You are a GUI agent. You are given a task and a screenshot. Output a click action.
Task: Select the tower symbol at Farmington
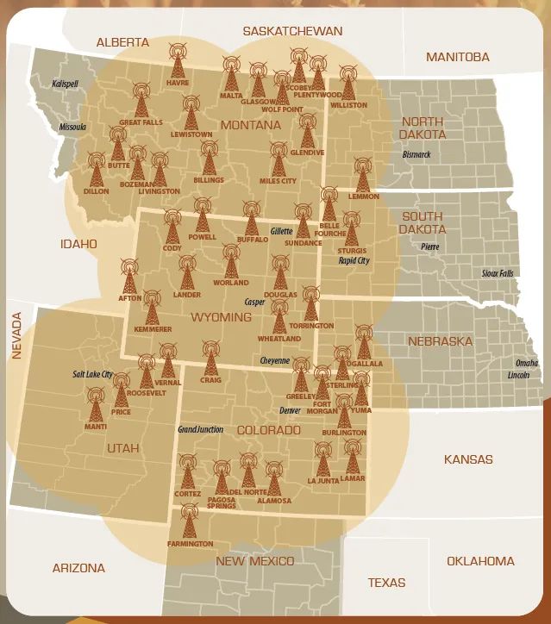click(190, 521)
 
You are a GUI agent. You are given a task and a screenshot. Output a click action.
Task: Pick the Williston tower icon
click(348, 83)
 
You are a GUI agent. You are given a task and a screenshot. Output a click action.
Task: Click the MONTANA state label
click(250, 125)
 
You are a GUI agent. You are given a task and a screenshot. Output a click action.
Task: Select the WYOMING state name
click(221, 317)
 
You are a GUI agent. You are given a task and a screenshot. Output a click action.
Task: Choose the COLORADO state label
click(268, 429)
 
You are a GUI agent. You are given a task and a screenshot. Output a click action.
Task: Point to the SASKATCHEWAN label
click(292, 31)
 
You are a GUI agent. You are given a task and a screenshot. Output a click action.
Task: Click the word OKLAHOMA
click(480, 561)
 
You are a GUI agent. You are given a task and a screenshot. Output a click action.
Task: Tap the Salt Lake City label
click(93, 375)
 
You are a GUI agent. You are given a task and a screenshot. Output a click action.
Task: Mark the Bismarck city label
click(416, 154)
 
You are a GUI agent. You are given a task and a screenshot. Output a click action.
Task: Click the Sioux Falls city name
click(497, 273)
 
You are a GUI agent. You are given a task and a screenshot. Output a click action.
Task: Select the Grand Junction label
click(200, 429)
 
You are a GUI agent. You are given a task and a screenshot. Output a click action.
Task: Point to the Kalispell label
click(64, 84)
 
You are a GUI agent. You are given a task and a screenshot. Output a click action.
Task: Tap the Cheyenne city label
click(275, 360)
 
